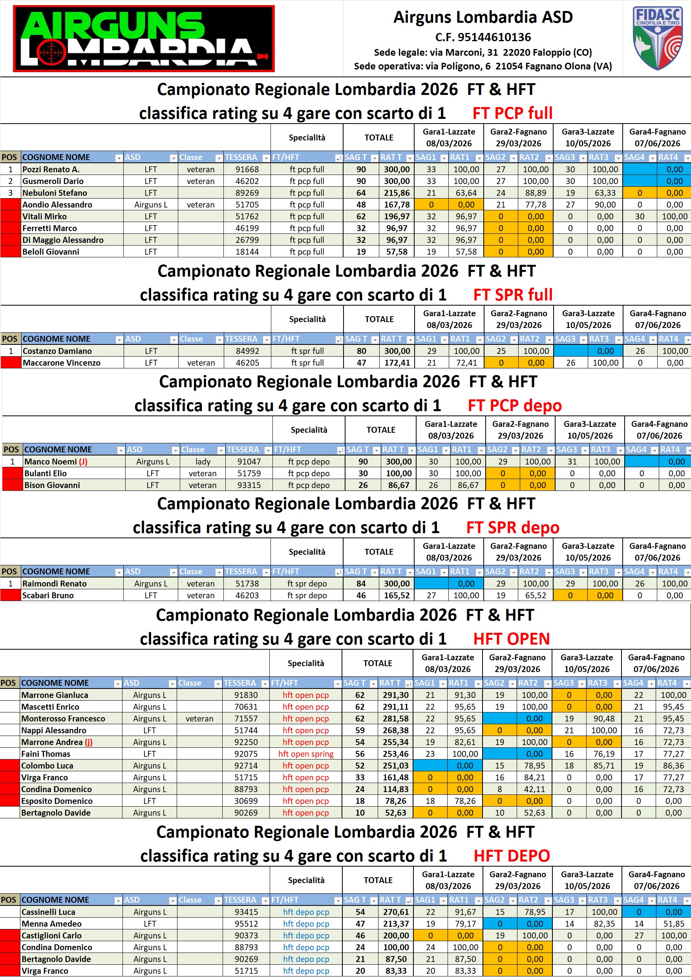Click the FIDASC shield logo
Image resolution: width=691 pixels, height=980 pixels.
657,38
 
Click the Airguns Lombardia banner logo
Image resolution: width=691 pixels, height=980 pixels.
144,38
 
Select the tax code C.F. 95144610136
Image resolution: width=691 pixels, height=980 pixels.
483,37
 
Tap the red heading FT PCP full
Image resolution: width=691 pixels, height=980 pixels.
512,113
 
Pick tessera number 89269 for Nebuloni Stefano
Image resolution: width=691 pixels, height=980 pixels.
247,193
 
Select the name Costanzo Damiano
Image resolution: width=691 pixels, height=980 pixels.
57,351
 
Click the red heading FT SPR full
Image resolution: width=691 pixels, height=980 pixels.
513,295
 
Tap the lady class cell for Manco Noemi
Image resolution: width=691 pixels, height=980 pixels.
203,461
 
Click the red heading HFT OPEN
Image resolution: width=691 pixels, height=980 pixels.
512,639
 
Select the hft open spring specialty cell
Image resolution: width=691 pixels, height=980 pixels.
306,754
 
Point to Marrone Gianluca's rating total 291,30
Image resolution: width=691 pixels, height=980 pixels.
395,695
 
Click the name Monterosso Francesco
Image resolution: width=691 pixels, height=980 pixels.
63,718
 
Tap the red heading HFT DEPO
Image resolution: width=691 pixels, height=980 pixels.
512,856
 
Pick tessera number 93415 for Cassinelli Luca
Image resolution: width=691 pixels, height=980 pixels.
247,912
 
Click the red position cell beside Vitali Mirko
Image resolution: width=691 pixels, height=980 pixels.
11,217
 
